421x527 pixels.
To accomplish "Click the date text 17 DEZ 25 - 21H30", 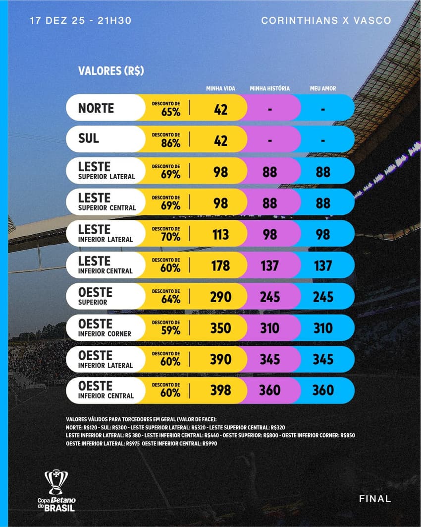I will [x=80, y=21].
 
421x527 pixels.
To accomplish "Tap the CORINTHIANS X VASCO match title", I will [x=326, y=21].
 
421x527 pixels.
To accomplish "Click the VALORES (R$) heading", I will [x=111, y=71].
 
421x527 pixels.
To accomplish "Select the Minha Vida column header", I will [x=220, y=89].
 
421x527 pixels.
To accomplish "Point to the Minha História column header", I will [x=269, y=89].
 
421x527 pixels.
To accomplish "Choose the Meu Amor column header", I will [x=323, y=89].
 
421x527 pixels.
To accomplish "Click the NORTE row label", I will [x=96, y=108].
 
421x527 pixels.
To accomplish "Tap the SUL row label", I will [x=89, y=139].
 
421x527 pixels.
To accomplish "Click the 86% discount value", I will [x=170, y=143].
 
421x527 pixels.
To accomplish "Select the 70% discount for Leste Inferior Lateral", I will [x=170, y=237].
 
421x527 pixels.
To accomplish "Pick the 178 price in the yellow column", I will [x=220, y=266].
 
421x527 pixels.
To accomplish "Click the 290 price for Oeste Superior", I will [x=220, y=297].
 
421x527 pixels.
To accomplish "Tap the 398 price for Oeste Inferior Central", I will [x=220, y=391].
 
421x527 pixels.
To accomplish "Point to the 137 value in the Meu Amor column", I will [x=323, y=266].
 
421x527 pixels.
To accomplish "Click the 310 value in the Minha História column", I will [x=269, y=329].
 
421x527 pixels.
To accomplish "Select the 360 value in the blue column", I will [x=323, y=391].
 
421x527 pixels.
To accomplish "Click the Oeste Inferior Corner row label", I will [x=105, y=328].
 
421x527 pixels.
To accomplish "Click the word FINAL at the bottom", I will [x=375, y=499].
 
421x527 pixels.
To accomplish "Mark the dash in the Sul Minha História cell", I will [x=269, y=140].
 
